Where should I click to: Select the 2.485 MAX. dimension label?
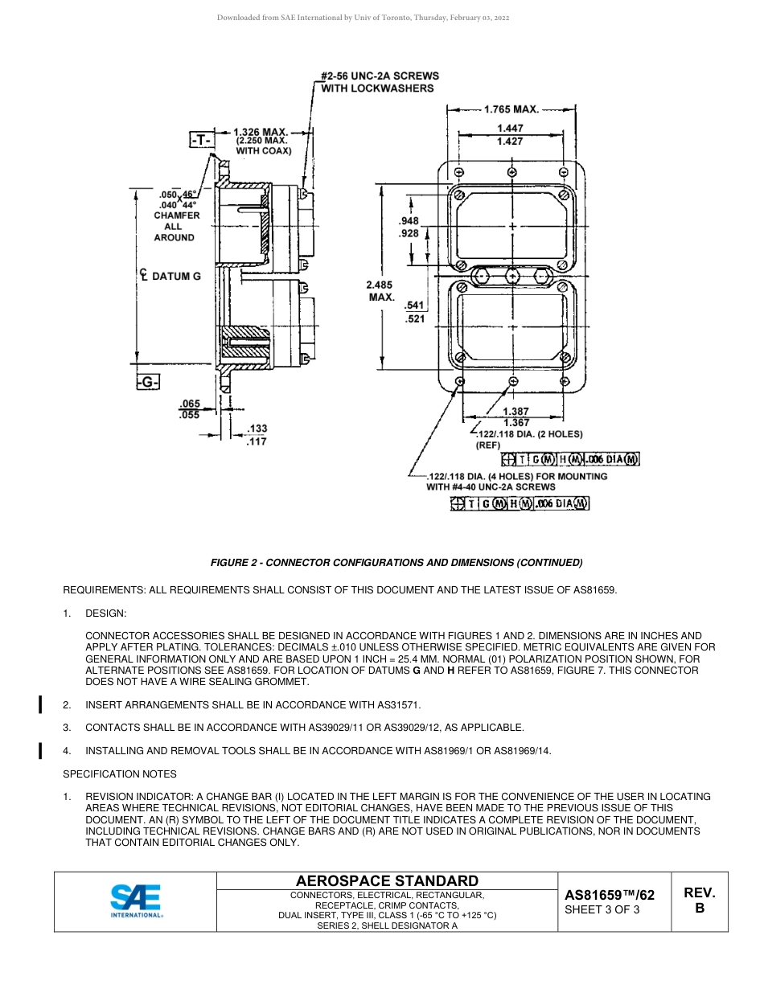tap(381, 290)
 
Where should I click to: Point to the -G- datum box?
tap(147, 383)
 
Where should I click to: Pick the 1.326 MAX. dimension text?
tap(261, 131)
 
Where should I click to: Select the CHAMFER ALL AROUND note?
tap(174, 226)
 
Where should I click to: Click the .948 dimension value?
tap(409, 221)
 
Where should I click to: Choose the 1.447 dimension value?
tap(510, 129)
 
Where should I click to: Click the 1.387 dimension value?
tap(515, 411)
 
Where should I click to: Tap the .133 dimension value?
tap(257, 429)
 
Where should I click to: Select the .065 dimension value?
tap(190, 404)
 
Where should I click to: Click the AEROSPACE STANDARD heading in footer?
tap(387, 881)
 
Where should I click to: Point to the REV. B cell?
tap(699, 901)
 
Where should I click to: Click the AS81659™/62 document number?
tap(610, 894)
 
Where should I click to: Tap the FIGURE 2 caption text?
tap(396, 562)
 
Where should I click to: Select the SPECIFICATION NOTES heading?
tap(120, 774)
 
